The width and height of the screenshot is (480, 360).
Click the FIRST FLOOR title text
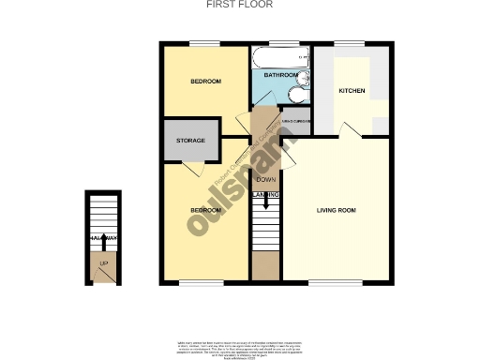pyautogui.click(x=239, y=5)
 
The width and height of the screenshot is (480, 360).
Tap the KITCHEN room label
pyautogui.click(x=352, y=91)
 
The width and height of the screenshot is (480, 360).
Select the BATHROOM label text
pyautogui.click(x=280, y=75)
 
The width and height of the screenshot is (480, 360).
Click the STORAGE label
pyautogui.click(x=190, y=141)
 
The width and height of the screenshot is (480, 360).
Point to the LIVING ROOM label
pyautogui.click(x=336, y=209)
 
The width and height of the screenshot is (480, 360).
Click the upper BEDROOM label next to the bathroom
pyautogui.click(x=205, y=82)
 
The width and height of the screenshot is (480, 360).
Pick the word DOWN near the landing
pyautogui.click(x=265, y=178)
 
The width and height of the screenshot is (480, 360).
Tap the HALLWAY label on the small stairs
pyautogui.click(x=103, y=240)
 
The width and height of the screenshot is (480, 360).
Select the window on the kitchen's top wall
pyautogui.click(x=349, y=43)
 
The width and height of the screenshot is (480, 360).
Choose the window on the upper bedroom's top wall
pyautogui.click(x=204, y=43)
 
